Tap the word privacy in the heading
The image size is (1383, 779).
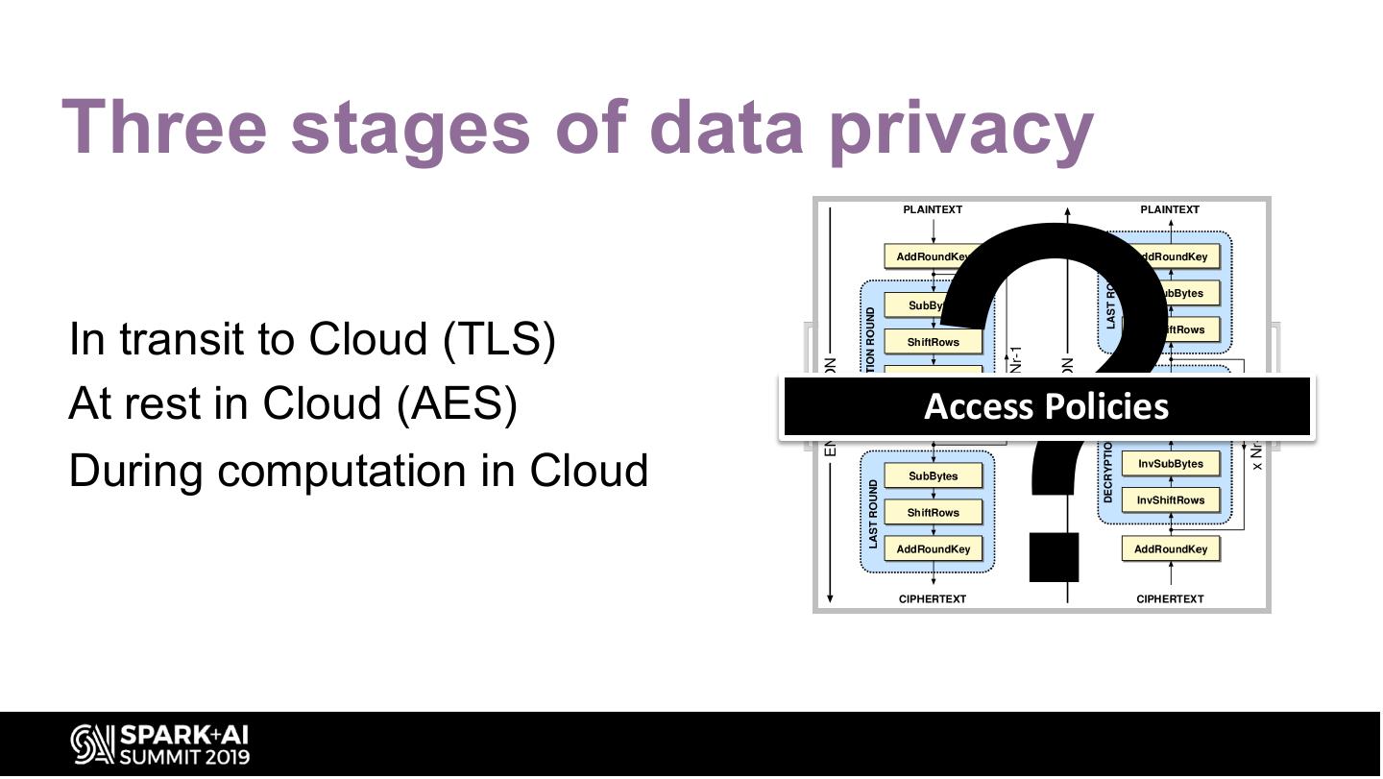tap(961, 129)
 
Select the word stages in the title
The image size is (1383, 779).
tap(410, 129)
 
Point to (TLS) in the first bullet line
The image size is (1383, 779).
tap(499, 339)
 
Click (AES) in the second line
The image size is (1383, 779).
tap(457, 403)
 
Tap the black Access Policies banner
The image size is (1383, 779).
tap(1046, 406)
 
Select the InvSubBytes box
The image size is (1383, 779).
tap(1170, 464)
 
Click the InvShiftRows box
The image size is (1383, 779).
tap(1170, 500)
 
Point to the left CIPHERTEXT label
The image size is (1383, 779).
tap(933, 599)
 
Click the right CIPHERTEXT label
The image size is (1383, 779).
tap(1170, 599)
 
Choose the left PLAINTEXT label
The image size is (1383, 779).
tap(933, 209)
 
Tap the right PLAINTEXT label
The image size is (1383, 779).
tap(1170, 209)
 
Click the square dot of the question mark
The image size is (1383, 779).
tap(1054, 557)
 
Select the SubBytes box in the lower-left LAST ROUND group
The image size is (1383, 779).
tap(933, 476)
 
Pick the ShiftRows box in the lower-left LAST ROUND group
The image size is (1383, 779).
tap(933, 513)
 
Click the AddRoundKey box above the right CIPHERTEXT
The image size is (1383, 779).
tap(1170, 549)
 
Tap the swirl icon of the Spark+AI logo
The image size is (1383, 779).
tap(91, 745)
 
